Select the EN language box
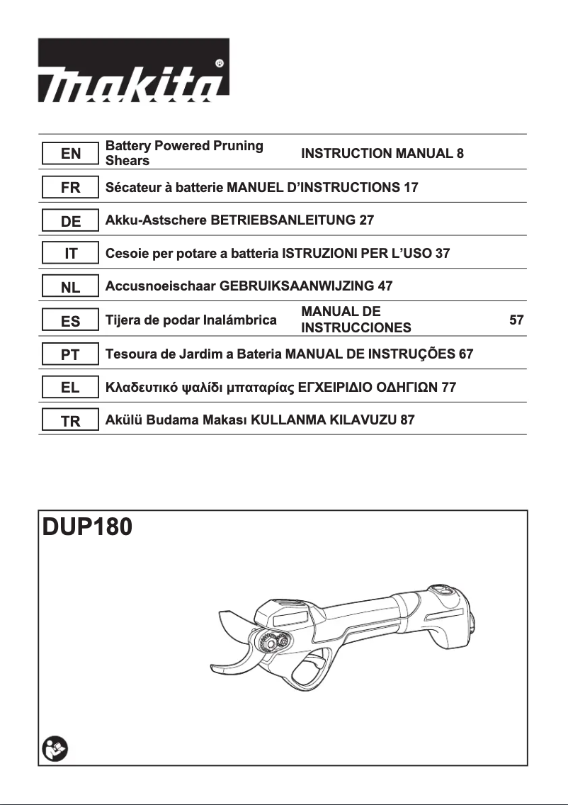point(69,154)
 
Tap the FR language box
point(69,188)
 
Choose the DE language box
point(69,221)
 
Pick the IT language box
point(69,254)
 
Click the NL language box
point(69,288)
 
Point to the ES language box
point(69,321)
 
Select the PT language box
point(69,354)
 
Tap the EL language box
point(69,388)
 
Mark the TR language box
point(69,421)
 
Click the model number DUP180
point(86,529)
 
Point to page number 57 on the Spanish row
point(516,320)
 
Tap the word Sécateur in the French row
point(133,188)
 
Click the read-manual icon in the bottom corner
point(54,748)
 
